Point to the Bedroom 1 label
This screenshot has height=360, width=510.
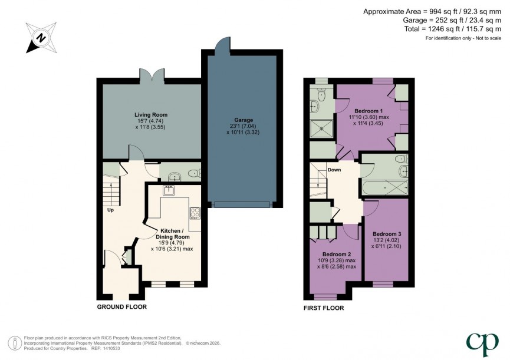pyautogui.click(x=368, y=111)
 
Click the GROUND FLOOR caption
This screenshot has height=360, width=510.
pyautogui.click(x=122, y=307)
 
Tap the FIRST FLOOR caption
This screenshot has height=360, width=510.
pyautogui.click(x=324, y=308)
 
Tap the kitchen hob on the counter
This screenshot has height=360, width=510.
pyautogui.click(x=195, y=212)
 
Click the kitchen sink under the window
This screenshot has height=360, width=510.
pyautogui.click(x=169, y=190)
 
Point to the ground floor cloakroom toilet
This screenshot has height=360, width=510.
pyautogui.click(x=193, y=173)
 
